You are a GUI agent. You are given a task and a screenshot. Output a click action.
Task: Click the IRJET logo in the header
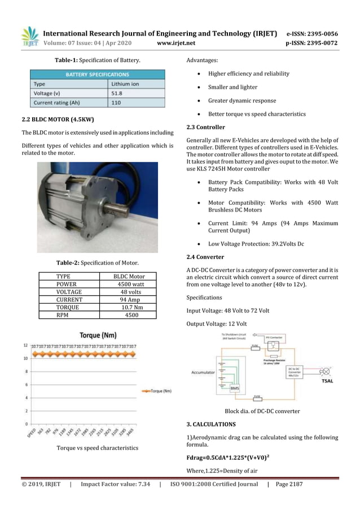(x=29, y=37)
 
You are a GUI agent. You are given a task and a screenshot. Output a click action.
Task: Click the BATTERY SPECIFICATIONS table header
(x=98, y=74)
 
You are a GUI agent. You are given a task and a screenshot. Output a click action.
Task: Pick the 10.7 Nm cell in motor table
(x=131, y=308)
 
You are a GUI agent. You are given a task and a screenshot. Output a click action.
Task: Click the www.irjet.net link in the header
(x=176, y=42)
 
